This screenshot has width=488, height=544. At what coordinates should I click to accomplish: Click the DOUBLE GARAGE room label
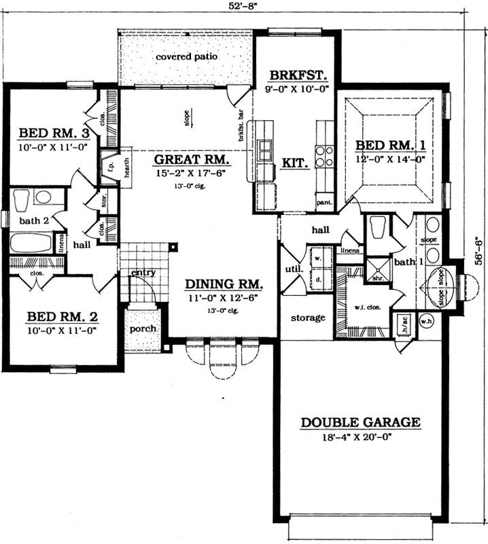(x=360, y=422)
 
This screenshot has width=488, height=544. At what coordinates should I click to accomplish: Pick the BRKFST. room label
(x=294, y=75)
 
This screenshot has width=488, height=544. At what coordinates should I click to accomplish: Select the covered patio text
(x=186, y=57)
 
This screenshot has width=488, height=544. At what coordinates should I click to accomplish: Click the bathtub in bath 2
(x=31, y=243)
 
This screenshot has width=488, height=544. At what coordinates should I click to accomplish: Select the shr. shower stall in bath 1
(x=376, y=270)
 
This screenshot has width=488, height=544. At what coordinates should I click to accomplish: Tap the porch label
(x=143, y=328)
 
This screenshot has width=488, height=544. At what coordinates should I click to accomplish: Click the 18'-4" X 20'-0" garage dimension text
(x=360, y=438)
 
